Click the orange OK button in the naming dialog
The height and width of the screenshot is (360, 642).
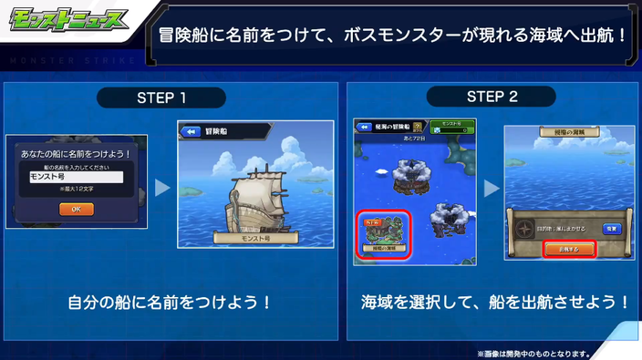(76, 209)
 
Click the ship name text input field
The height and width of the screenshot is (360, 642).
(76, 178)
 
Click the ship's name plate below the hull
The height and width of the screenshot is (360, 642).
(252, 237)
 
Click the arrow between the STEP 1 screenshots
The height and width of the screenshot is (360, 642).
(162, 188)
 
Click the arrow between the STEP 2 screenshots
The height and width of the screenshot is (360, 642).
(492, 188)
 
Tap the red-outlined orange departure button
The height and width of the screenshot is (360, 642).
(570, 248)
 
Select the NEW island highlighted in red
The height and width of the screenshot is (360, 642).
(384, 231)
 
